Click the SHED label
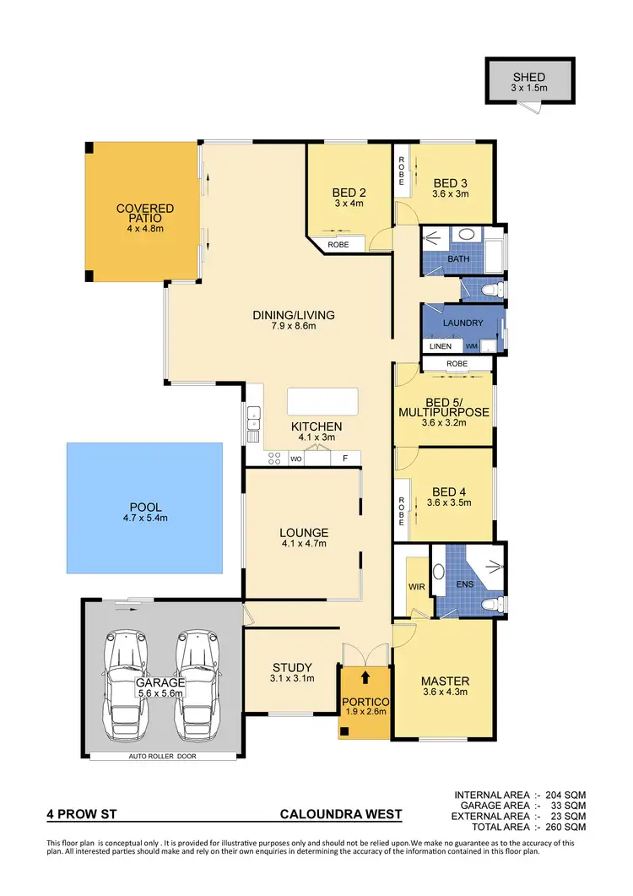tap(529, 78)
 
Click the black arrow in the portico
tap(365, 676)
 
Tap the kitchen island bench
tap(322, 401)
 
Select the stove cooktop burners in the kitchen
tap(274, 459)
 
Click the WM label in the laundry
tap(471, 346)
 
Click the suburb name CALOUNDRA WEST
tap(341, 816)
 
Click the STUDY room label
tap(292, 667)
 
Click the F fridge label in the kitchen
tap(344, 459)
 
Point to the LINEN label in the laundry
tap(441, 346)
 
